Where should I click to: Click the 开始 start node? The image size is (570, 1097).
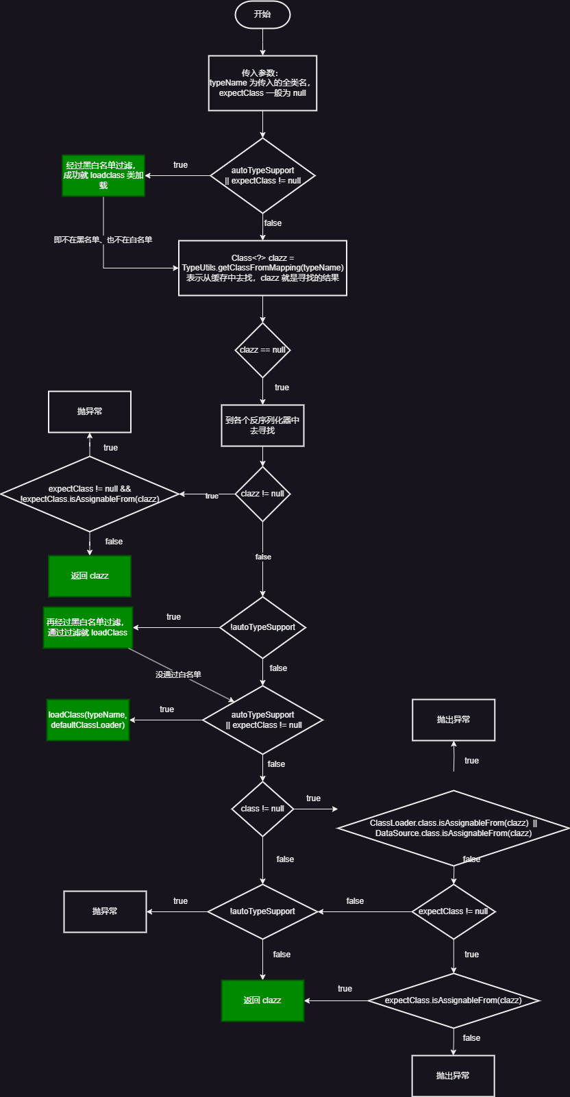tap(262, 14)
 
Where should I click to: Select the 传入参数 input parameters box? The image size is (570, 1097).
tap(262, 83)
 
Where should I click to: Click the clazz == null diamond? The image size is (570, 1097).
tap(262, 350)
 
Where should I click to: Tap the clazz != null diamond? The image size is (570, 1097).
tap(262, 494)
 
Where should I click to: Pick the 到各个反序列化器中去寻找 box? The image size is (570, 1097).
tap(262, 425)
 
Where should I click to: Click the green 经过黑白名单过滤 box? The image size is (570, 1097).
tap(103, 175)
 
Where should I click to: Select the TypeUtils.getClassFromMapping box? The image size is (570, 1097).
tap(262, 268)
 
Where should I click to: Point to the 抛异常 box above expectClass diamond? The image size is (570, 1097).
tap(90, 412)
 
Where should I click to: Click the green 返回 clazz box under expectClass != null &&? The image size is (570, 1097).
tap(90, 576)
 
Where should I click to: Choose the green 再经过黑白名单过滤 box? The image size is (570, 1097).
tap(88, 627)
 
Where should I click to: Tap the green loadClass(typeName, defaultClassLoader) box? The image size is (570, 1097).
tap(88, 720)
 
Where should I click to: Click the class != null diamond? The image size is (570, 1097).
tap(262, 809)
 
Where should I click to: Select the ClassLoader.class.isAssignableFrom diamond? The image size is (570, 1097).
tap(453, 828)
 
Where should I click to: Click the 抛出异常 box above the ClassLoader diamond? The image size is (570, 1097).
tap(453, 720)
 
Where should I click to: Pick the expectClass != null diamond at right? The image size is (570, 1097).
tap(453, 911)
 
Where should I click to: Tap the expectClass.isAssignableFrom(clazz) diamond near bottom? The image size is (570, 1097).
tap(453, 1000)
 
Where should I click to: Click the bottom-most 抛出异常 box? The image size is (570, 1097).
tap(453, 1076)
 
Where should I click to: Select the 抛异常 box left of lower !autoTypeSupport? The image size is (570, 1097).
tap(105, 911)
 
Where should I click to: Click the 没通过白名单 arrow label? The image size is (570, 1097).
tap(178, 674)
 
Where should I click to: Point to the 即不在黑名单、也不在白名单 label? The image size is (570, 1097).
tap(103, 240)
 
